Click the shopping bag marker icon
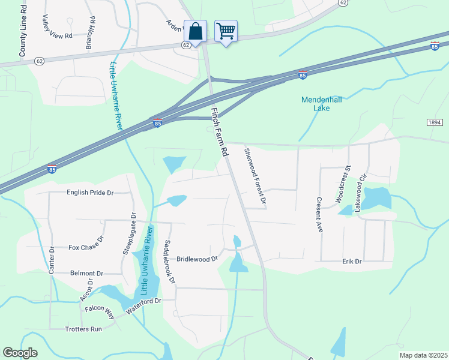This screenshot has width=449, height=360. (195, 30)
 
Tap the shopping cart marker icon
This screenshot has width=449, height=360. (226, 30)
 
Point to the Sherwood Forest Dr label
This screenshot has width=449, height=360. (255, 178)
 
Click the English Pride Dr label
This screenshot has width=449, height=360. (90, 193)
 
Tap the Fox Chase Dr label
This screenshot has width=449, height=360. (86, 247)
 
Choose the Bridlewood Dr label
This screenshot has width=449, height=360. (197, 259)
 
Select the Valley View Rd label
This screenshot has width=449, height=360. (56, 27)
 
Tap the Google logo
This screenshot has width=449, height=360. (20, 353)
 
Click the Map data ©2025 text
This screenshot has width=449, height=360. (423, 355)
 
